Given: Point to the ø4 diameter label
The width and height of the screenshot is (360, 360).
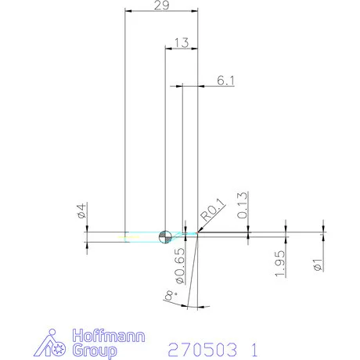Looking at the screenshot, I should pos(80,211).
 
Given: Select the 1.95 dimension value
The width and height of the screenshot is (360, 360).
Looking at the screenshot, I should pos(279,259).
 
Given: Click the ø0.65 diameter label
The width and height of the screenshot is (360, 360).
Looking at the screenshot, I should pos(179,265).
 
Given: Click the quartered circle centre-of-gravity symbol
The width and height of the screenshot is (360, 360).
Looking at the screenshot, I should pos(165,236).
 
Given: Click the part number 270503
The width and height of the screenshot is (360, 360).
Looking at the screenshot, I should pos(200,347).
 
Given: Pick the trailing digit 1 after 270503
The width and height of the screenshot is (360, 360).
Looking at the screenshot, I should pos(253,347).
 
